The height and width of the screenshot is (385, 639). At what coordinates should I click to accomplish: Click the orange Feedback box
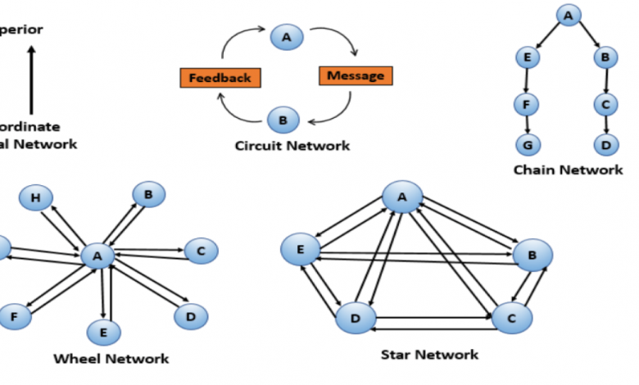tap(220, 79)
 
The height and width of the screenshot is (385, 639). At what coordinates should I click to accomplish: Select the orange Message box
tap(355, 75)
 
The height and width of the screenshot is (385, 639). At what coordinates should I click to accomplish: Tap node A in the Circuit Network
tap(286, 37)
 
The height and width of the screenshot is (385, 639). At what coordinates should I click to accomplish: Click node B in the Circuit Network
tap(283, 120)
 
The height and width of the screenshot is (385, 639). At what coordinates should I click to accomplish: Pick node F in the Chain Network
tap(526, 104)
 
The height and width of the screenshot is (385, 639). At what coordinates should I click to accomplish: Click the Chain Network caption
tap(568, 170)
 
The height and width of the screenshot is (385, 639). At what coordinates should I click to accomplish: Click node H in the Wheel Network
tap(34, 198)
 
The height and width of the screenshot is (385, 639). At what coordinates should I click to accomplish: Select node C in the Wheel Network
tap(200, 251)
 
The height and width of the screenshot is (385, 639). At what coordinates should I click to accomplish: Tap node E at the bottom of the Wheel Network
tap(104, 332)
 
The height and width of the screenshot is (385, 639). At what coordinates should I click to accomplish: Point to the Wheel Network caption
tap(111, 358)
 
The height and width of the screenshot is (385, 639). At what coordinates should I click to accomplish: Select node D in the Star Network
tap(356, 318)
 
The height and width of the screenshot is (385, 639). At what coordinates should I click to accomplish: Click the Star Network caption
tap(430, 355)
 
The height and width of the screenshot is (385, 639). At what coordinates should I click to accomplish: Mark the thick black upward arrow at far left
tap(31, 80)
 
